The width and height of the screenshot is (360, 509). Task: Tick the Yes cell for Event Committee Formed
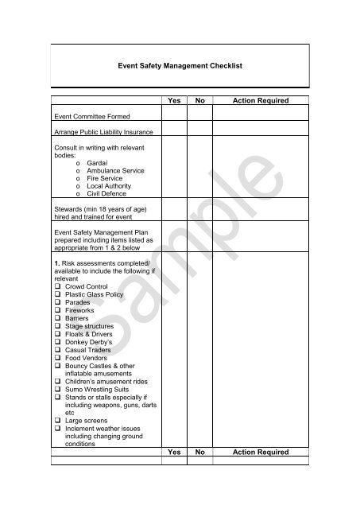[x=174, y=115]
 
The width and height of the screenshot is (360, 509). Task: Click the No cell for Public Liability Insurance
[x=200, y=131]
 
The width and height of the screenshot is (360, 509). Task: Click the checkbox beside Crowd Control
[x=56, y=286]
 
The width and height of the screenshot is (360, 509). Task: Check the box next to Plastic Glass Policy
[x=56, y=294]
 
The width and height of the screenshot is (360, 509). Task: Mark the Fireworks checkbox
[x=56, y=310]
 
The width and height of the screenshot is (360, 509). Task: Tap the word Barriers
[x=78, y=318]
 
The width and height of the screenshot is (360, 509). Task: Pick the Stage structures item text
[x=91, y=326]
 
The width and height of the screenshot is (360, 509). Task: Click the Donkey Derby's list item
[x=91, y=343]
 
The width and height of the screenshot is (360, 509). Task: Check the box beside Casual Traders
[x=56, y=351]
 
